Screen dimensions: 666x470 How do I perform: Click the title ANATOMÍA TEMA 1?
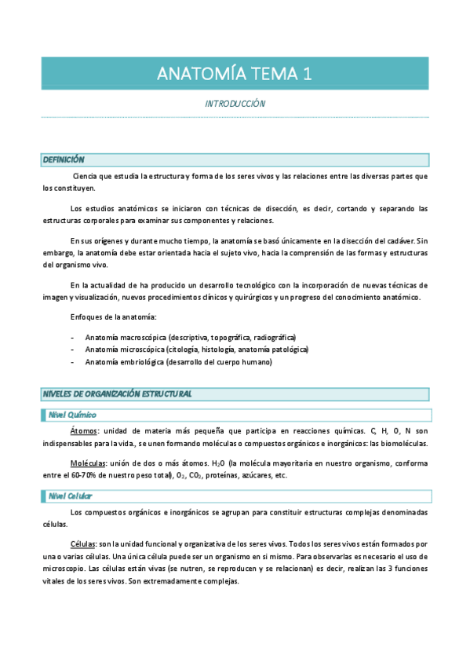tap(235, 74)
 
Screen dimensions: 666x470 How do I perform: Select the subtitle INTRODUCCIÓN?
tap(235, 104)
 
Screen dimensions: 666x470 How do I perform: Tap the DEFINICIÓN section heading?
tap(64, 160)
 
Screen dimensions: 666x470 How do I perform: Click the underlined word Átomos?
tap(84, 431)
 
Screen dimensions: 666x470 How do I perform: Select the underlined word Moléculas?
tap(88, 463)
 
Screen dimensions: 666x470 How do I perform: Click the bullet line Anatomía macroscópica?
tap(190, 337)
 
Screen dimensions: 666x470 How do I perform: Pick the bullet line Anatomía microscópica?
tap(196, 349)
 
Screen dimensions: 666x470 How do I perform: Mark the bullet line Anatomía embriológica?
tap(178, 362)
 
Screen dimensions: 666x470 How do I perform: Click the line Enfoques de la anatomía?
tap(113, 317)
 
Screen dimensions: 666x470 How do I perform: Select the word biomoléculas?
tap(403, 444)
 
